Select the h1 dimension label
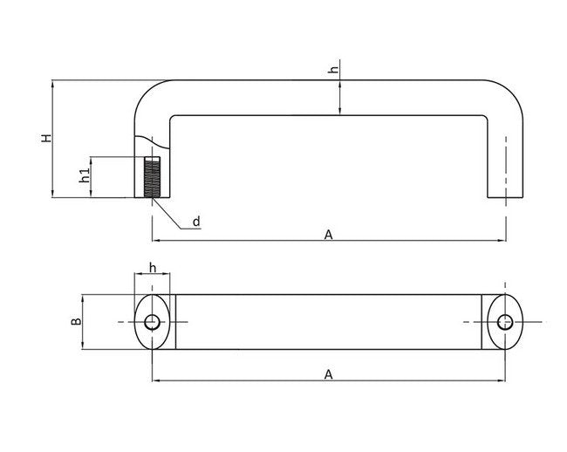pyautogui.click(x=84, y=175)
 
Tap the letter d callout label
pyautogui.click(x=196, y=222)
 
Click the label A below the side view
pyautogui.click(x=328, y=234)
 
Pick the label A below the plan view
pyautogui.click(x=328, y=373)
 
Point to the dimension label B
pyautogui.click(x=76, y=321)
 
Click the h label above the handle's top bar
pyautogui.click(x=333, y=71)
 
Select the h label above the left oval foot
pyautogui.click(x=153, y=267)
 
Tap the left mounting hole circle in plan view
pyautogui.click(x=153, y=322)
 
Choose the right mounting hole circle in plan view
pyautogui.click(x=505, y=322)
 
